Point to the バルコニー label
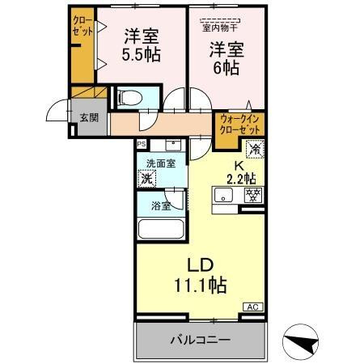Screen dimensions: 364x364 [199, 339]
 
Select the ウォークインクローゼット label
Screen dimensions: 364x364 [240, 125]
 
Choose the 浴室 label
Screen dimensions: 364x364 [160, 205]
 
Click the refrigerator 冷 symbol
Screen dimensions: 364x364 [254, 149]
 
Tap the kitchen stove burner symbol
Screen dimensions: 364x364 [253, 195]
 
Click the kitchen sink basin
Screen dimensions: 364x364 [225, 195]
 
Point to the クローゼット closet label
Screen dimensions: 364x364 [82, 25]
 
